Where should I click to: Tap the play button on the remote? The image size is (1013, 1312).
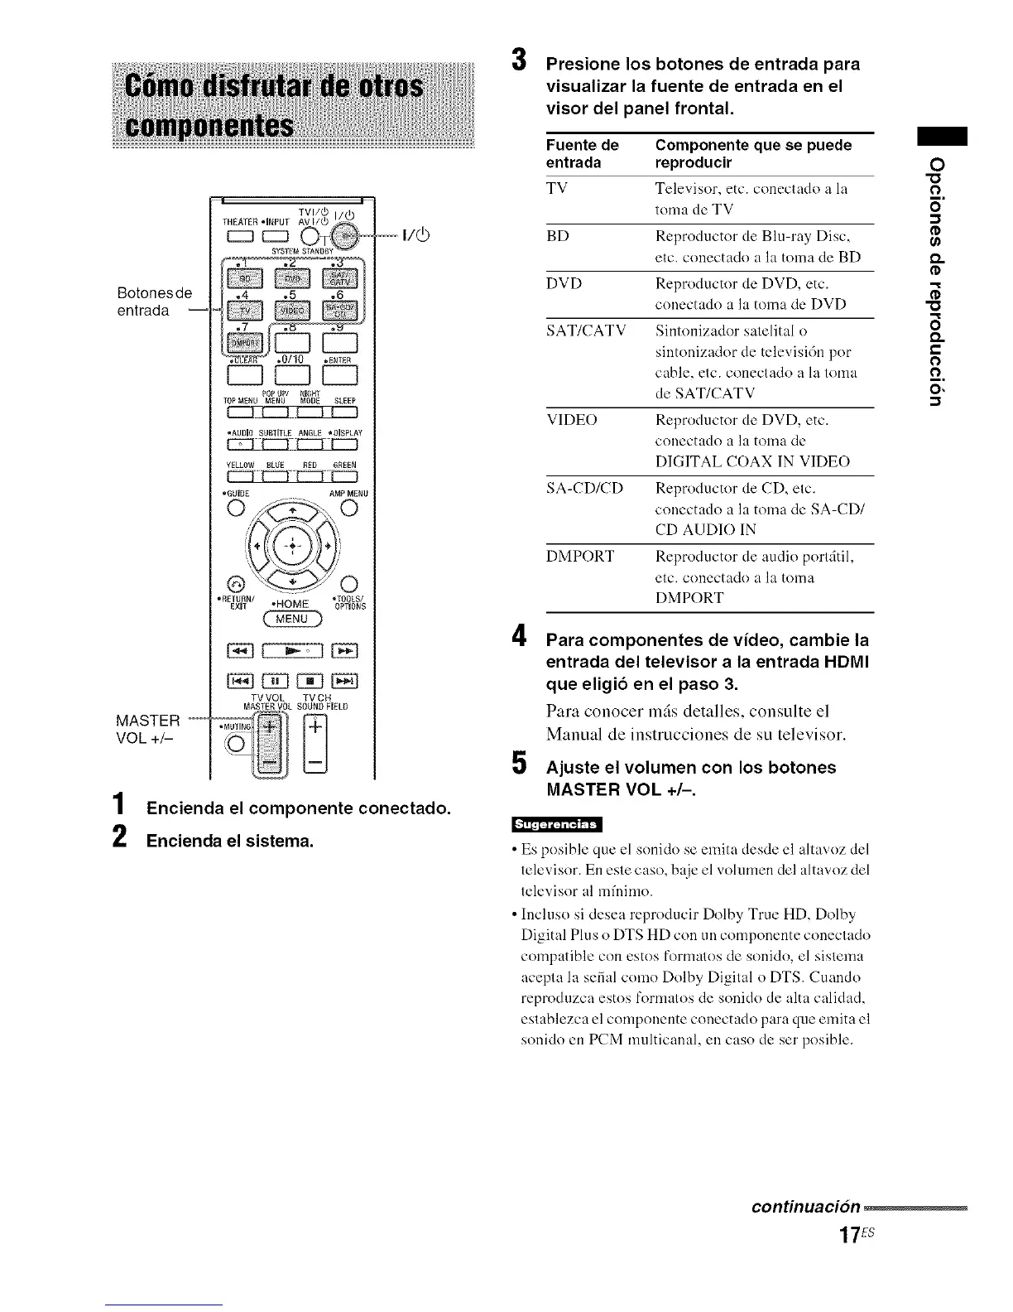pos(292,651)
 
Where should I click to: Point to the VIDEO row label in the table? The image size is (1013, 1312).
pos(571,420)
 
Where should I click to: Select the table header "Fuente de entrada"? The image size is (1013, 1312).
pos(582,154)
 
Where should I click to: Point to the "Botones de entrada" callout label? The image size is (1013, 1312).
pos(154,301)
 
